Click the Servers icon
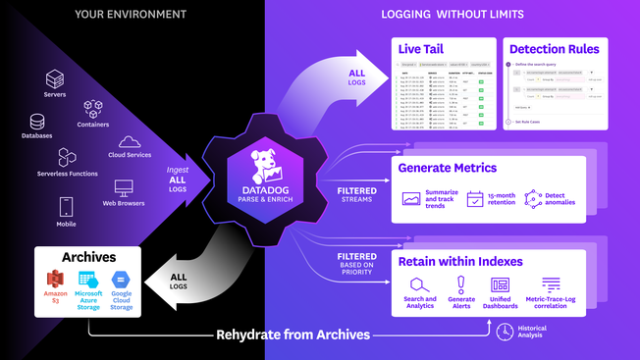(55, 78)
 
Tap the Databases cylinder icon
(37, 122)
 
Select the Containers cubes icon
(93, 107)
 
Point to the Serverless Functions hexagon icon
(67, 157)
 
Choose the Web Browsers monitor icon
(124, 187)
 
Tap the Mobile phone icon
(67, 207)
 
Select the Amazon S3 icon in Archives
(55, 279)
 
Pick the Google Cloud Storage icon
(120, 280)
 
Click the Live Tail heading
(422, 49)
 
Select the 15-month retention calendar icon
(476, 199)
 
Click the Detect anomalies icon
(533, 199)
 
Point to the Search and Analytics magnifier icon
(415, 284)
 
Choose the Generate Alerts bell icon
(460, 284)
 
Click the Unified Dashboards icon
(500, 284)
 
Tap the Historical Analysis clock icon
(503, 333)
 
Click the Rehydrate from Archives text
(293, 334)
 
